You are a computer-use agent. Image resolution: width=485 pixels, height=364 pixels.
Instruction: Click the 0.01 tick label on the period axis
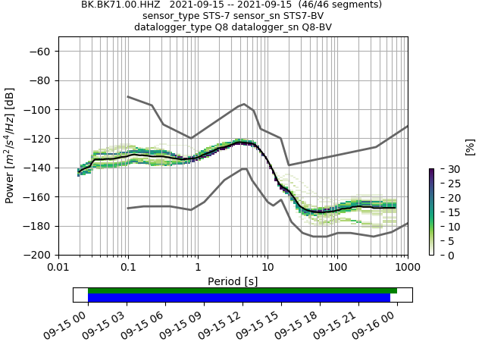pos(58,268)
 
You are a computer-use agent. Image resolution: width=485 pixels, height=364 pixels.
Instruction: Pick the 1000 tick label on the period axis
pos(407,268)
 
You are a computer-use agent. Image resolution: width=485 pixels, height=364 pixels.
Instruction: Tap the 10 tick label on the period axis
pos(268,268)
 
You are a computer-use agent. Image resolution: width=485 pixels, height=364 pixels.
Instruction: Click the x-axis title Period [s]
pos(233,281)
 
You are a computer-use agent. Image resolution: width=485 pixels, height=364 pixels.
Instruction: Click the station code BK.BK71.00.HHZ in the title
pos(121,5)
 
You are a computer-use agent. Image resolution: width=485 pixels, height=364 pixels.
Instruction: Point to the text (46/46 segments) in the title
pos(340,5)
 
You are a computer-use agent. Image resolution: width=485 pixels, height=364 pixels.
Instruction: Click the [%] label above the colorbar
pos(470,146)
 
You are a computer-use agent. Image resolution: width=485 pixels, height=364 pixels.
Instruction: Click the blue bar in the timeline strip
pos(239,298)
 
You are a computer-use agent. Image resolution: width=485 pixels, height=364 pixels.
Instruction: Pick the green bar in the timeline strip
pos(242,290)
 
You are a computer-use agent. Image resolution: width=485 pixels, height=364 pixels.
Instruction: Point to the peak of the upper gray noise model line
pos(244,104)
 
